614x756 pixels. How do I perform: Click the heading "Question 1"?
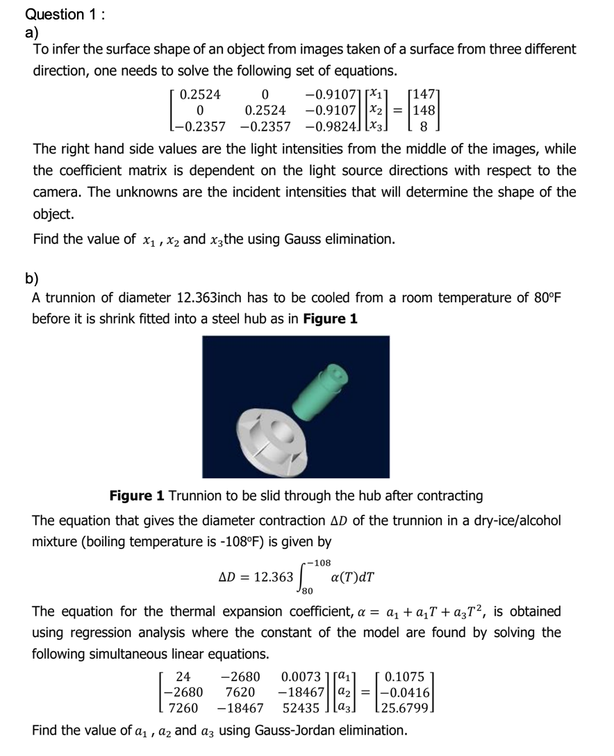pyautogui.click(x=55, y=15)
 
